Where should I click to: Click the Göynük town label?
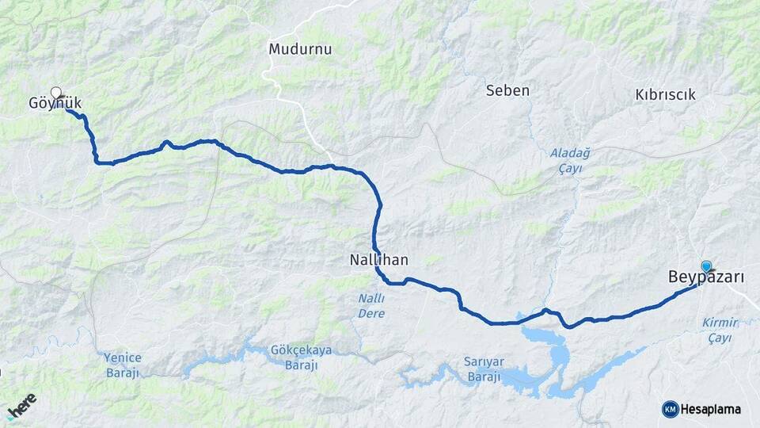55,103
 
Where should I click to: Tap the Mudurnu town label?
300,48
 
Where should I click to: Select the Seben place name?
507,90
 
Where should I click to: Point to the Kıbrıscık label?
665,94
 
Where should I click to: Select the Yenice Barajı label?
122,365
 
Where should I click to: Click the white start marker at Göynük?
56,92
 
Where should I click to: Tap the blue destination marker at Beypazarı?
706,267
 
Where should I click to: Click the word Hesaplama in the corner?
711,409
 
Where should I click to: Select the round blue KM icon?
670,409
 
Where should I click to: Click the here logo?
21,406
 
